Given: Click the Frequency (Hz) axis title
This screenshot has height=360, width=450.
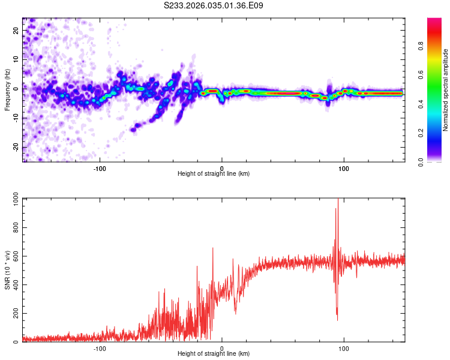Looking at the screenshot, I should coord(7,89).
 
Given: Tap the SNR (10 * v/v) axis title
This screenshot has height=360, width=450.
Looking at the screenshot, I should coord(7,270).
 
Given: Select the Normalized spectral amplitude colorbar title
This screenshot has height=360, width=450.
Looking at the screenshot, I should coord(445,91).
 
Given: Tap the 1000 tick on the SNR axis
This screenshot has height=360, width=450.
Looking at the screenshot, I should coord(12,200).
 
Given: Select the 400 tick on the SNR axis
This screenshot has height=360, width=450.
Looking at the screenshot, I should coord(14,285).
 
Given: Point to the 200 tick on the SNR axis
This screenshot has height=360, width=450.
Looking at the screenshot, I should coord(14,314).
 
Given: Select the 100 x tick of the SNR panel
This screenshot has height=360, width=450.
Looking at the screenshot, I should coord(344,348).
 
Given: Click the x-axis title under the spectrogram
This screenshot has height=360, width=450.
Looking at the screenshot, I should coord(214,173).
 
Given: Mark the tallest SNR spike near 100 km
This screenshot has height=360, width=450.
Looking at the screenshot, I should coord(338,200).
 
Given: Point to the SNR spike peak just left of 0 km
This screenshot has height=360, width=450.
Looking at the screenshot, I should coord(212,248).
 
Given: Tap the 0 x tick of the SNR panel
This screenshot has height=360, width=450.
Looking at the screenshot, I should coord(222,348).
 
